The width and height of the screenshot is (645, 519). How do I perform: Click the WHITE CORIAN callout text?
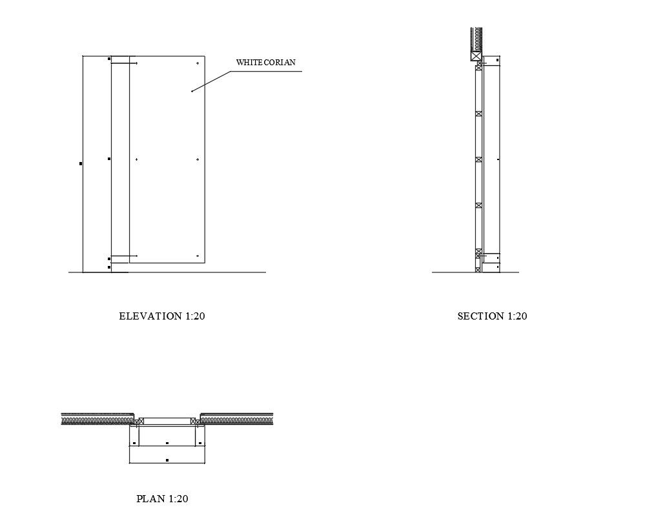click(x=265, y=63)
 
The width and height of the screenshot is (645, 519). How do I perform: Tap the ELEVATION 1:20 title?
click(x=162, y=316)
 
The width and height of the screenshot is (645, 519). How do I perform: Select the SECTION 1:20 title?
click(x=492, y=316)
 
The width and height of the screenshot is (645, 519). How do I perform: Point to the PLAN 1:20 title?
click(x=162, y=499)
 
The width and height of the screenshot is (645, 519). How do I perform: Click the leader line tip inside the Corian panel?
click(x=192, y=92)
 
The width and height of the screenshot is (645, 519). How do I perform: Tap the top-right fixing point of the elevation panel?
click(x=197, y=63)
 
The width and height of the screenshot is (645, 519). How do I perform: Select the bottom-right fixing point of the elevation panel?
click(x=197, y=256)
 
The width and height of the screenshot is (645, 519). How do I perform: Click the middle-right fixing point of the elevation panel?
click(x=197, y=159)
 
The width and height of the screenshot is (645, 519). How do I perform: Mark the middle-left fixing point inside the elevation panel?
click(x=136, y=159)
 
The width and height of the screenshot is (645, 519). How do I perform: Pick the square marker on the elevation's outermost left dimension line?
click(x=81, y=164)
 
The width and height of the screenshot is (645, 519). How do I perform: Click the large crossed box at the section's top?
click(x=476, y=56)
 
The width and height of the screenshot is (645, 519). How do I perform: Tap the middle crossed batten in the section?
click(x=478, y=159)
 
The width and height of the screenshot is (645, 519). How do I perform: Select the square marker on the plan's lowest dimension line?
click(x=167, y=460)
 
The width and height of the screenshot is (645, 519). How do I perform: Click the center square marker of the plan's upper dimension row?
click(x=167, y=443)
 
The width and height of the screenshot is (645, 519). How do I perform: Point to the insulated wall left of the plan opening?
click(x=97, y=418)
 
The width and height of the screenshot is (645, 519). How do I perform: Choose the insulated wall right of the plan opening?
click(x=236, y=418)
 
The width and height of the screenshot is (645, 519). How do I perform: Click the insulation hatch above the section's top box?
click(x=476, y=39)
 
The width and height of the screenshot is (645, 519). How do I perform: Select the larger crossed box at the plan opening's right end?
click(x=194, y=421)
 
